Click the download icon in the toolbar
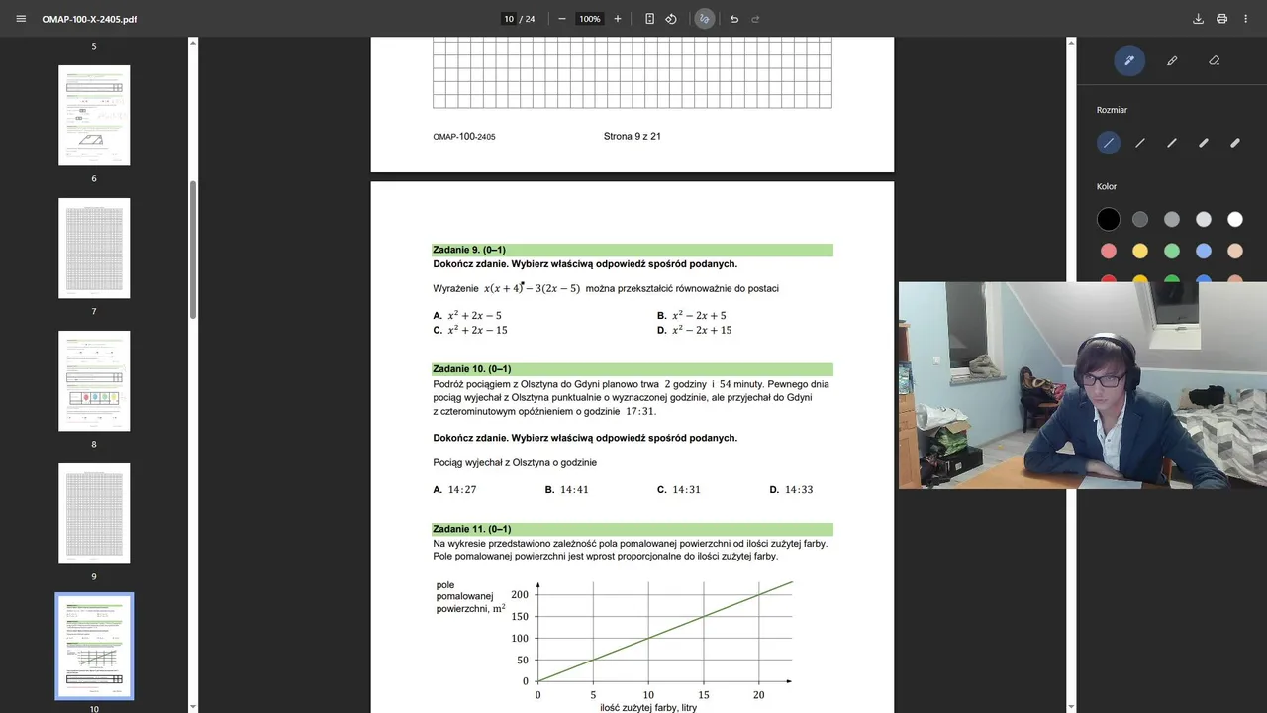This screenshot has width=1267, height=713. pos(1198,19)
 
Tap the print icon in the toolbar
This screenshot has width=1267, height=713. pos(1221,19)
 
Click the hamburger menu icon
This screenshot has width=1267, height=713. pos(21,19)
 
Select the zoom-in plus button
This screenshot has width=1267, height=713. pos(618,19)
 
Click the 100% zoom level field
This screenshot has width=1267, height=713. pos(590,19)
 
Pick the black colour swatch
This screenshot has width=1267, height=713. pos(1109,219)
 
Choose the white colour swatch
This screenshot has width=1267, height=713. pos(1235,219)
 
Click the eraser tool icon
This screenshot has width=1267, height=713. pos(1215,60)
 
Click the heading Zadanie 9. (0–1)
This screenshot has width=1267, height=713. pos(469,250)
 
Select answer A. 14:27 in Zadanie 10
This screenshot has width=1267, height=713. pos(455,490)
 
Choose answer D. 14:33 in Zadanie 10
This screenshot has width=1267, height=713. pos(791,490)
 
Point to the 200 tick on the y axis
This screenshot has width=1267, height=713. pos(520,594)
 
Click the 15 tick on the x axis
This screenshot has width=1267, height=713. pos(704,695)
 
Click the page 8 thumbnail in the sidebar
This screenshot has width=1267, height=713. pos(94,380)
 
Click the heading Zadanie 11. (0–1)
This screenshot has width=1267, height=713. pos(471,529)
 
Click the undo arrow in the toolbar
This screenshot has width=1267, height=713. pos(733,19)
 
